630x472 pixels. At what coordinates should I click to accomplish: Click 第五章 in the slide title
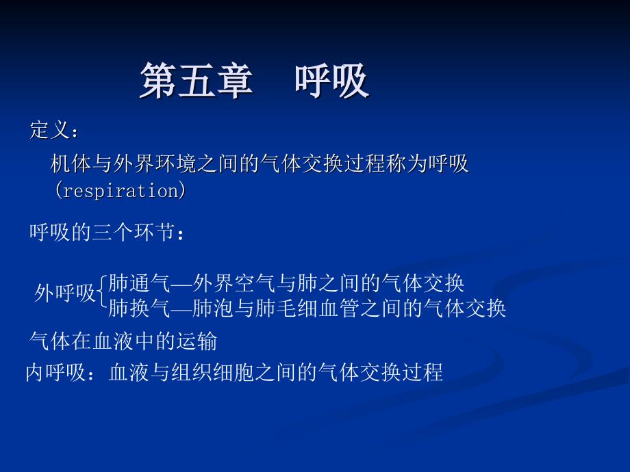tap(197, 80)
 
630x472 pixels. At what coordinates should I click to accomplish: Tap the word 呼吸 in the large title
tap(332, 80)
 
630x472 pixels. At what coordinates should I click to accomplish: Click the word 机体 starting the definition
tap(71, 163)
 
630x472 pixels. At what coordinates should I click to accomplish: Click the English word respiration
tap(121, 191)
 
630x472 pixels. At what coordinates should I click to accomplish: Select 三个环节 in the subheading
tap(134, 232)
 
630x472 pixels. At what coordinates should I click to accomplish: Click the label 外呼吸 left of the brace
tap(64, 293)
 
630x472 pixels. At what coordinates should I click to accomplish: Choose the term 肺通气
tap(140, 283)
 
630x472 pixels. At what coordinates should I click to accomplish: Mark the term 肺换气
tap(140, 308)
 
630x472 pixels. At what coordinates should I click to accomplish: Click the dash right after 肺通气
tap(181, 284)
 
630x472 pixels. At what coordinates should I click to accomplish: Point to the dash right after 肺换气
tap(181, 309)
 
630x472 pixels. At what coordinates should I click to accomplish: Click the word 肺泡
tap(213, 308)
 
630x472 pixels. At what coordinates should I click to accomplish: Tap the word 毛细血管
tap(318, 308)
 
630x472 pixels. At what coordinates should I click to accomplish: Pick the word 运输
tap(197, 341)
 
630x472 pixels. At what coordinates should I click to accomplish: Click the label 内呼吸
tap(56, 372)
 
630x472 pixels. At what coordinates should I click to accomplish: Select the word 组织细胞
tap(213, 372)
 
